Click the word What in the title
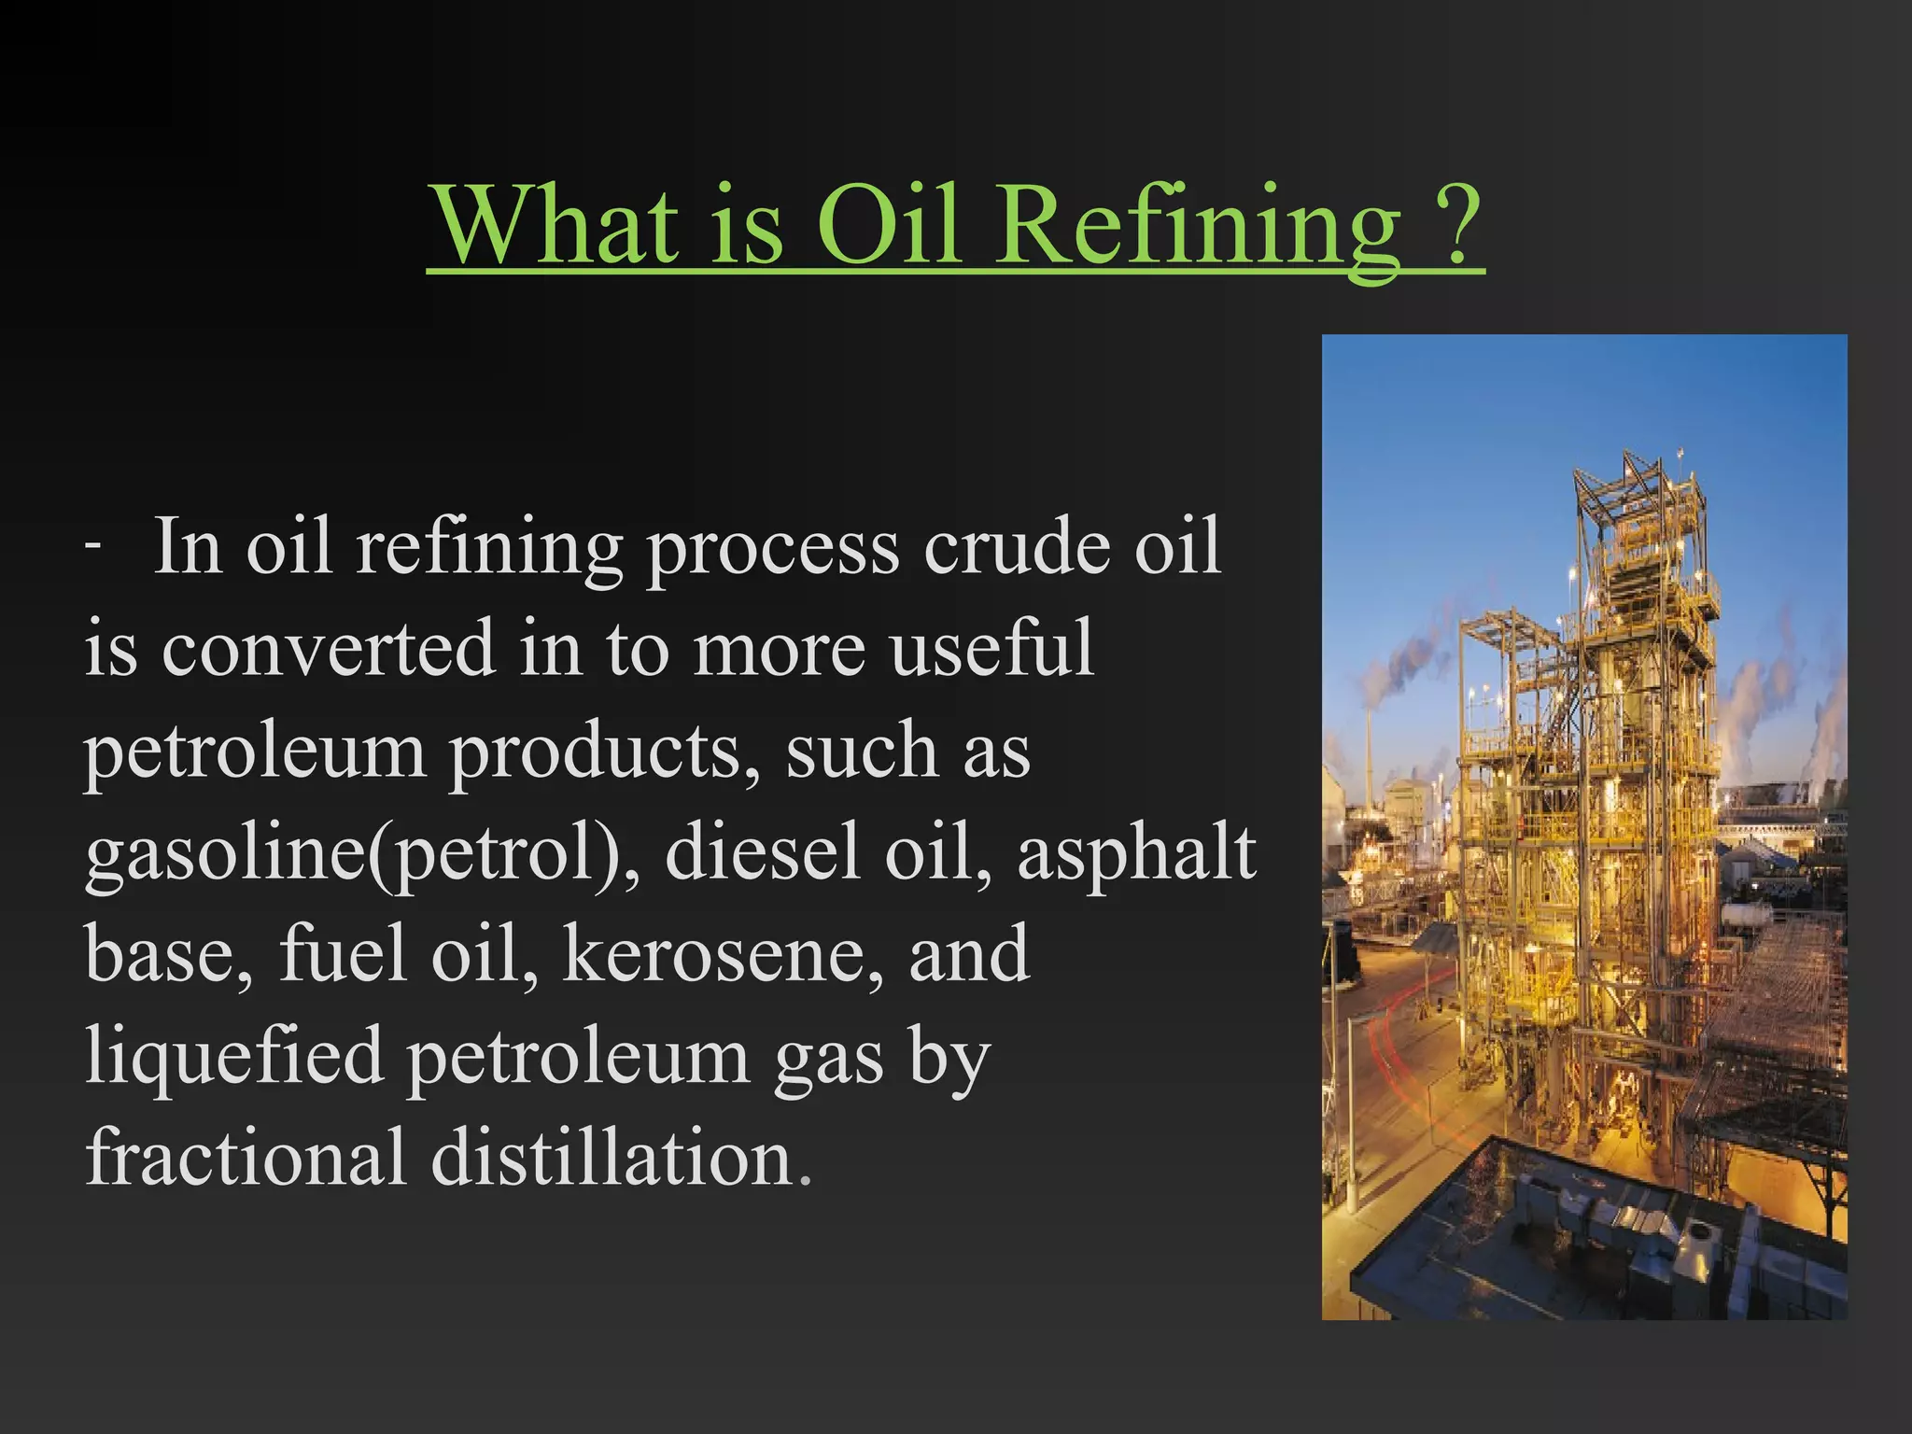[557, 226]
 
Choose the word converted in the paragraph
[328, 648]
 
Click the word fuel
[343, 954]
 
